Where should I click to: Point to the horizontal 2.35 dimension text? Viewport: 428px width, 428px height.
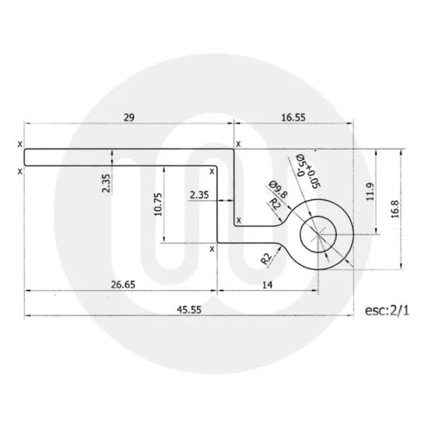coord(198,195)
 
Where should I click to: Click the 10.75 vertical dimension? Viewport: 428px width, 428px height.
coord(160,204)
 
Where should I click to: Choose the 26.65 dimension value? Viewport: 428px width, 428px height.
coord(120,285)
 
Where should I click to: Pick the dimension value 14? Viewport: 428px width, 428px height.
coord(267,285)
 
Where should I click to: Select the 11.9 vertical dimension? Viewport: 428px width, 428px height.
coord(370,191)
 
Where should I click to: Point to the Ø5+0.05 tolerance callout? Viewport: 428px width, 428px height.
coord(306,170)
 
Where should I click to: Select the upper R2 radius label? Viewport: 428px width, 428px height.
coord(275,205)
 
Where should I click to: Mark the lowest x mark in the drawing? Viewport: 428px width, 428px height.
coord(212,249)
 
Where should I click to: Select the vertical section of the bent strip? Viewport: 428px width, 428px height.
coord(225,202)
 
